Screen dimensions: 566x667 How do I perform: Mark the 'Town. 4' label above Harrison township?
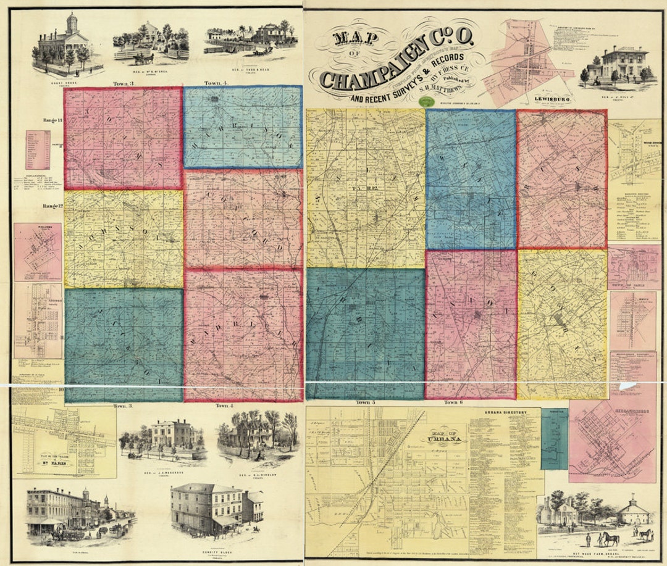point(216,83)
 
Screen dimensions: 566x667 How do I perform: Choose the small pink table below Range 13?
point(38,150)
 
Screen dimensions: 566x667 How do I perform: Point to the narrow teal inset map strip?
point(554,438)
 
